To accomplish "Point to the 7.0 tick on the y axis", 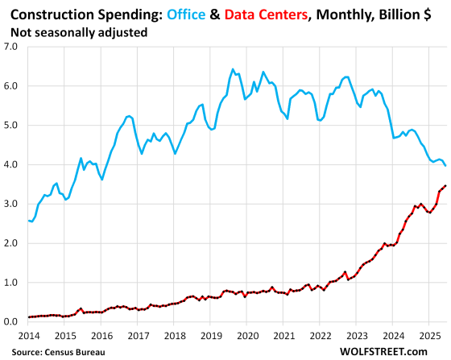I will click(x=11, y=47).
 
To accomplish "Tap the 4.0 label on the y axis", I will click(x=11, y=164).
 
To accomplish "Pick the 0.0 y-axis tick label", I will click(x=11, y=322).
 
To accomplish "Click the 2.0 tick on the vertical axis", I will click(x=11, y=243).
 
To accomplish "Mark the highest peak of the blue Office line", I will click(x=233, y=69).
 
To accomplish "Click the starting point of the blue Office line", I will click(x=29, y=221).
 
